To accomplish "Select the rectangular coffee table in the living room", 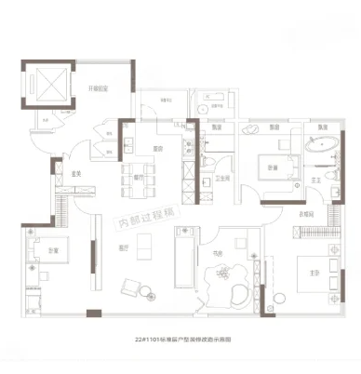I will tap(144, 245).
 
